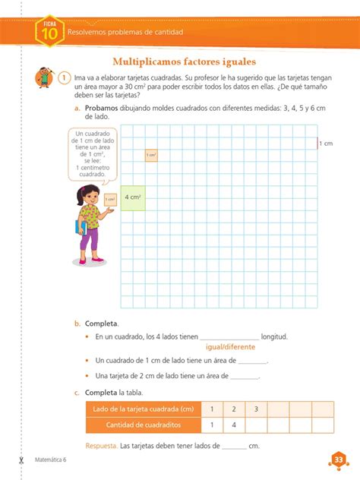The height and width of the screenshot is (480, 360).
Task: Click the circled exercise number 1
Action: coord(65,77)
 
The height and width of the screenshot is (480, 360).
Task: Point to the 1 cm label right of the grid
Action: coord(326,143)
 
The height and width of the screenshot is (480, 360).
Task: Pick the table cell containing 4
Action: coord(234,425)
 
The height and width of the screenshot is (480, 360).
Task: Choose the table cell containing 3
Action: coord(256,409)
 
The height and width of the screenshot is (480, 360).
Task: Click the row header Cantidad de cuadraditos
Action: coord(144,425)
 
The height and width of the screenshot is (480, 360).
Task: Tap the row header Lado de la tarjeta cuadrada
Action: coord(144,409)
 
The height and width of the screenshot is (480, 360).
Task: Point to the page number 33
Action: coord(338,459)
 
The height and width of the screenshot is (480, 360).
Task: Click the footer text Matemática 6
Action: coord(52,460)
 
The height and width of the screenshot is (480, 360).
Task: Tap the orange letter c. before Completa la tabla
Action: coord(77,393)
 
